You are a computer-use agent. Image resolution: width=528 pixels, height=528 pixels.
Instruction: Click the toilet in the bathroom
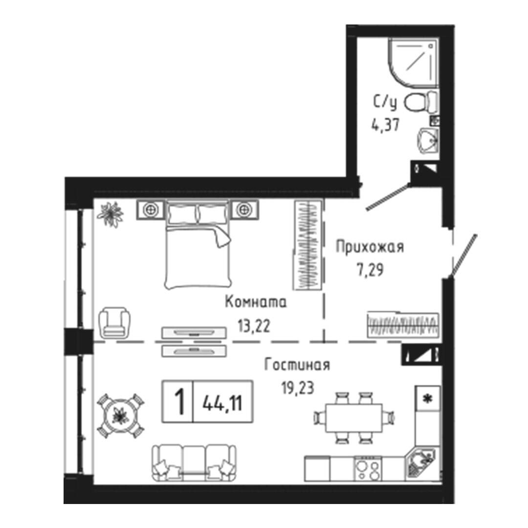(421, 102)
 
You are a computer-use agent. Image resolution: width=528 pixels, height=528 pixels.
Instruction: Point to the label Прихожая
(370, 247)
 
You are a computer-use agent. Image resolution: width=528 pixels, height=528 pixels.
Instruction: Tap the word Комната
(256, 303)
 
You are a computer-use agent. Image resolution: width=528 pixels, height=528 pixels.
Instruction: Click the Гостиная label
(297, 365)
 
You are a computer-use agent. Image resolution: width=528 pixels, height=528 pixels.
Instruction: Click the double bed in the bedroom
(198, 247)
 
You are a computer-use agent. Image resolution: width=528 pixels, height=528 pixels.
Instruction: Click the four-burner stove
(368, 468)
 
